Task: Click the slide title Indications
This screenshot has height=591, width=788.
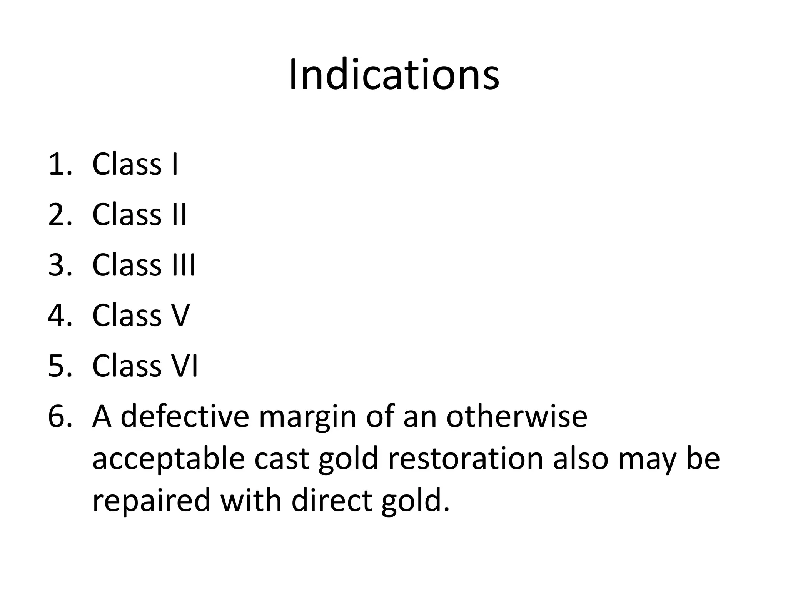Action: (394, 75)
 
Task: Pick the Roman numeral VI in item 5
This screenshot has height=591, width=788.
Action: (184, 366)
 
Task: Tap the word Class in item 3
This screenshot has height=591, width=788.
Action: (127, 265)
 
